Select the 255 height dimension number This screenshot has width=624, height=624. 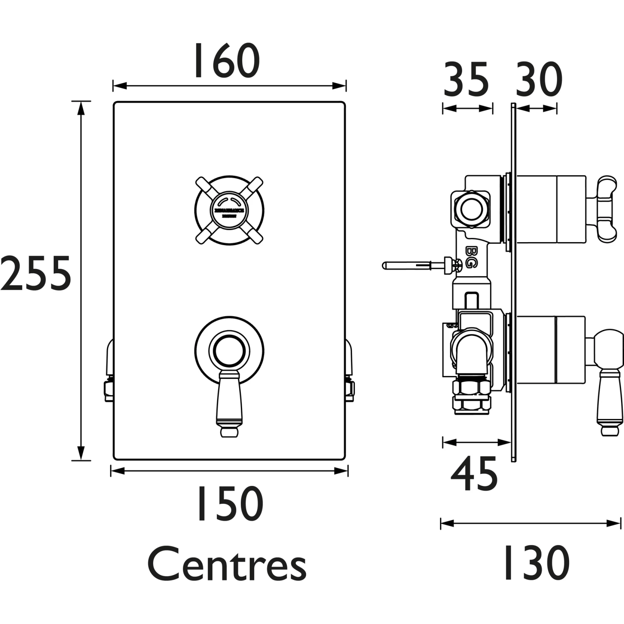tap(36, 274)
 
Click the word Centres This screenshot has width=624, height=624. tap(227, 565)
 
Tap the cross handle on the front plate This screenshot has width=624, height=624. tap(229, 210)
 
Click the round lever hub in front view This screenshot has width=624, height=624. tap(229, 349)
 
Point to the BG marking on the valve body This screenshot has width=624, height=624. tap(471, 257)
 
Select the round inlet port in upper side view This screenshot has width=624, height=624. tap(470, 208)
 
